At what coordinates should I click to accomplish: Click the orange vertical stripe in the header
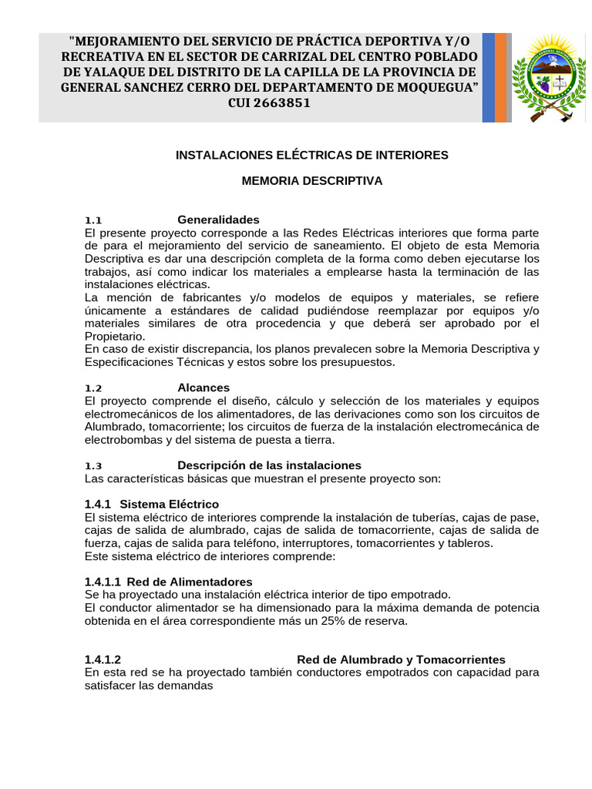[x=501, y=77]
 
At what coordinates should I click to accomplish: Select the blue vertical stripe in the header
[x=488, y=77]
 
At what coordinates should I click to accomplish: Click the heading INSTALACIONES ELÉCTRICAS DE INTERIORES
[x=311, y=155]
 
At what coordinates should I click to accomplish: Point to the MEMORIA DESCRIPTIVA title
[x=311, y=181]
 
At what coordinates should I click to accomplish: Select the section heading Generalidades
[x=218, y=220]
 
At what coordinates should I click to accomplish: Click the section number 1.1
[x=93, y=220]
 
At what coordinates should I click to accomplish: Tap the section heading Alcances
[x=203, y=388]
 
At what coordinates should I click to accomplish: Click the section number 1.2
[x=93, y=388]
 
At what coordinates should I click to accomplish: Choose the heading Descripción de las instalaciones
[x=269, y=465]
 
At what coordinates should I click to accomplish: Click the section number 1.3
[x=93, y=466]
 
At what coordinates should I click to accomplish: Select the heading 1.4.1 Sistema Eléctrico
[x=152, y=504]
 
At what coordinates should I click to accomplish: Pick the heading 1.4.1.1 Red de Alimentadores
[x=168, y=582]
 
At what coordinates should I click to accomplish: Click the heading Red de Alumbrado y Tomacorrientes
[x=401, y=660]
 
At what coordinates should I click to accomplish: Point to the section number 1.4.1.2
[x=103, y=660]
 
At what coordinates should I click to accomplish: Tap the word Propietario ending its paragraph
[x=113, y=336]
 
